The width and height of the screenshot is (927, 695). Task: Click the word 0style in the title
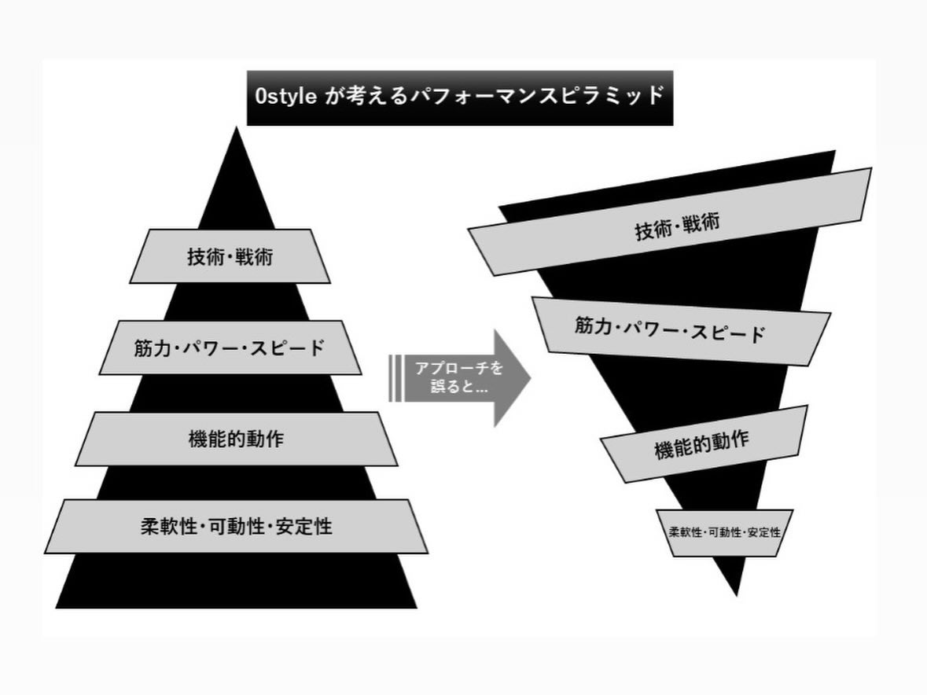286,97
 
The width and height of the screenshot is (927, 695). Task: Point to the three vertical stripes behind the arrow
395,378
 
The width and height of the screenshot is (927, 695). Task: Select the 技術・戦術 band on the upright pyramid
230,256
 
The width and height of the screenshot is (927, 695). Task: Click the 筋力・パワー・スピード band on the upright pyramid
230,347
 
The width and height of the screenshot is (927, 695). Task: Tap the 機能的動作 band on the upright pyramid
236,439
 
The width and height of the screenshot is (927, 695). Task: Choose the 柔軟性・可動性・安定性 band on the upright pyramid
236,526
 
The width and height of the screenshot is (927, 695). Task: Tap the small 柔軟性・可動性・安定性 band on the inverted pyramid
724,532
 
